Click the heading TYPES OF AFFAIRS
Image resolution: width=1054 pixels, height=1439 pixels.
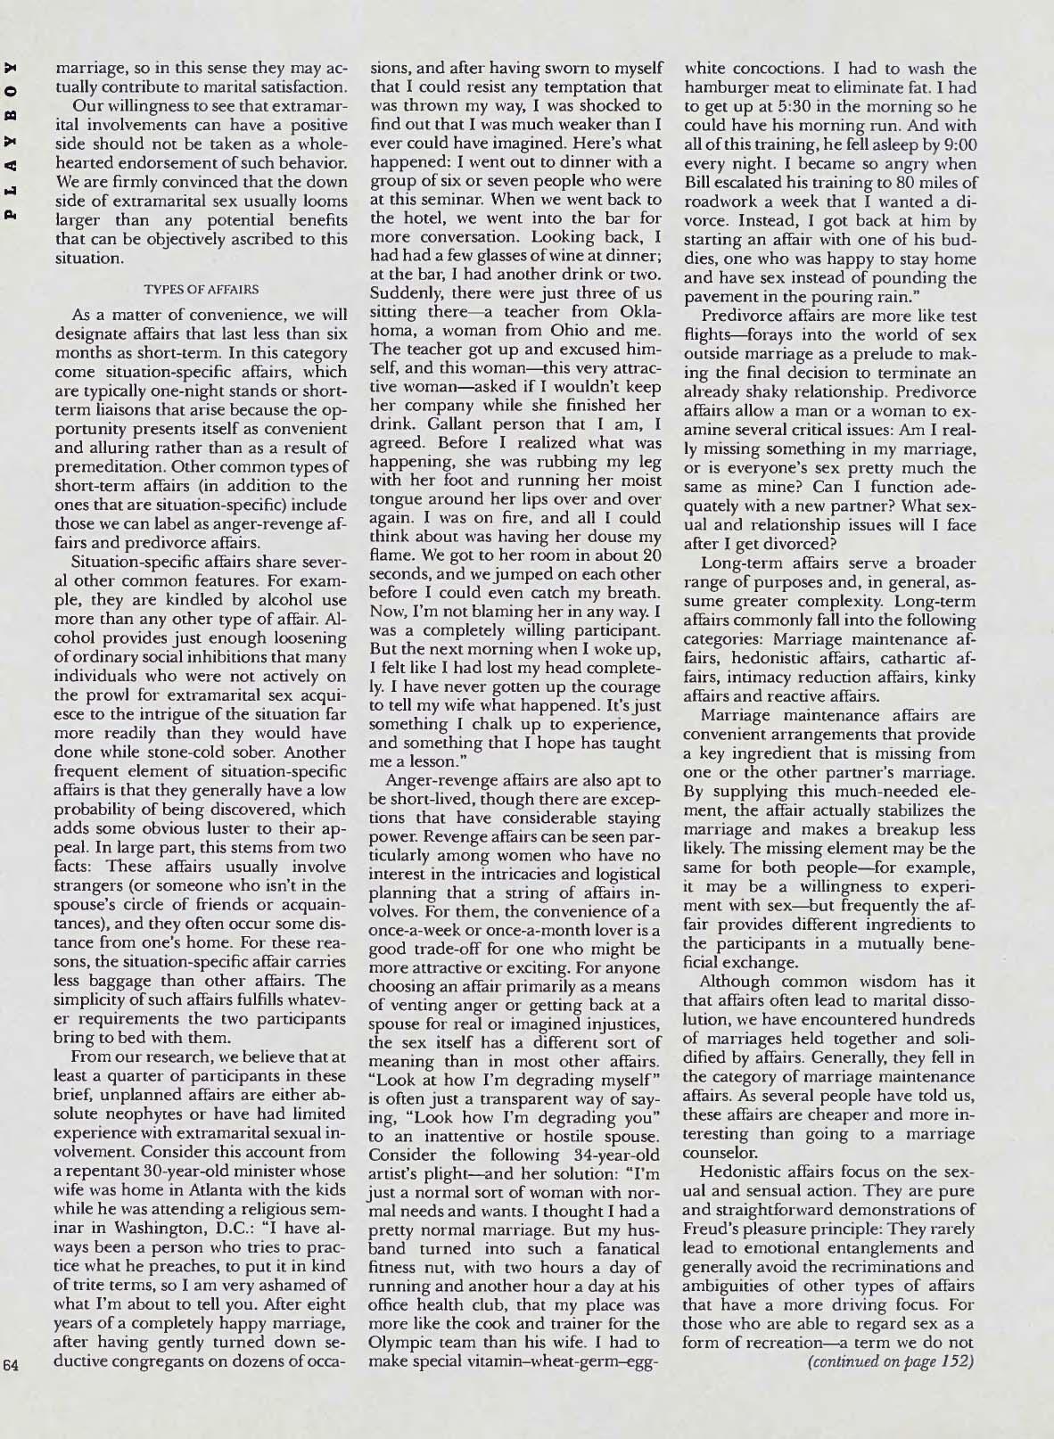click(x=202, y=289)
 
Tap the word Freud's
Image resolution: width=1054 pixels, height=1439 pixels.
click(x=711, y=1235)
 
